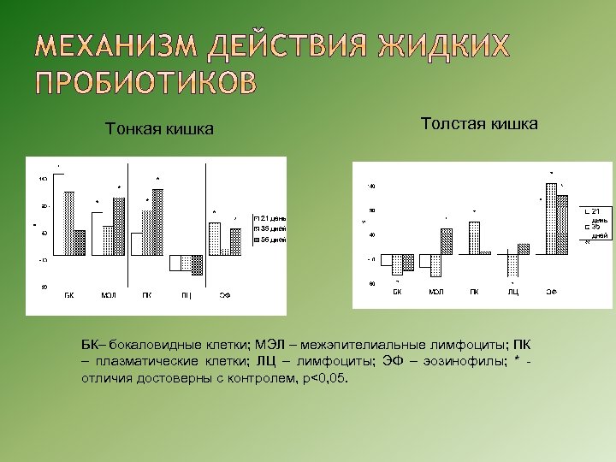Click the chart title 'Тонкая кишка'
tap(159, 129)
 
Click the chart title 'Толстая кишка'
tap(479, 124)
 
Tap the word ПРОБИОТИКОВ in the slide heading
tap(145, 82)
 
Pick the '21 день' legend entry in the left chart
tap(270, 218)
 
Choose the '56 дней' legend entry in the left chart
tap(270, 240)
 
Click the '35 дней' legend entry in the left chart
tap(270, 228)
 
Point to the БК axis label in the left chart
tap(69, 294)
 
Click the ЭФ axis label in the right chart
tap(552, 292)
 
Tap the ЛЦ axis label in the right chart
tap(513, 292)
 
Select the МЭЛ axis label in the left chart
tap(108, 294)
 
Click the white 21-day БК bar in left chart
tap(59, 214)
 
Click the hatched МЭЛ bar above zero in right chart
tap(446, 241)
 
